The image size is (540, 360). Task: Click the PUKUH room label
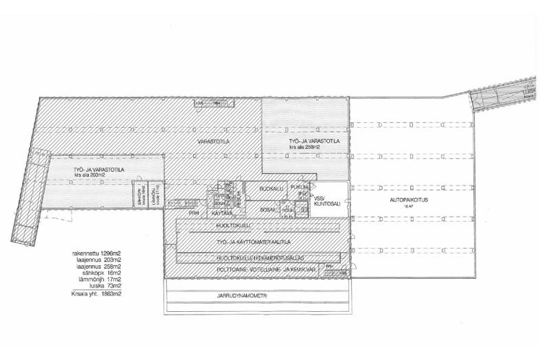click(297, 187)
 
